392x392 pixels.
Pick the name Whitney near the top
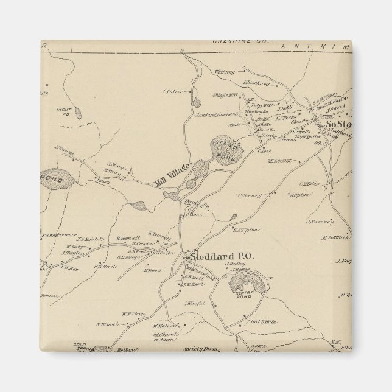click(x=225, y=72)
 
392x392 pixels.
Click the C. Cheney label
click(x=250, y=195)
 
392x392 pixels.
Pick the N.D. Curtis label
click(x=107, y=324)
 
